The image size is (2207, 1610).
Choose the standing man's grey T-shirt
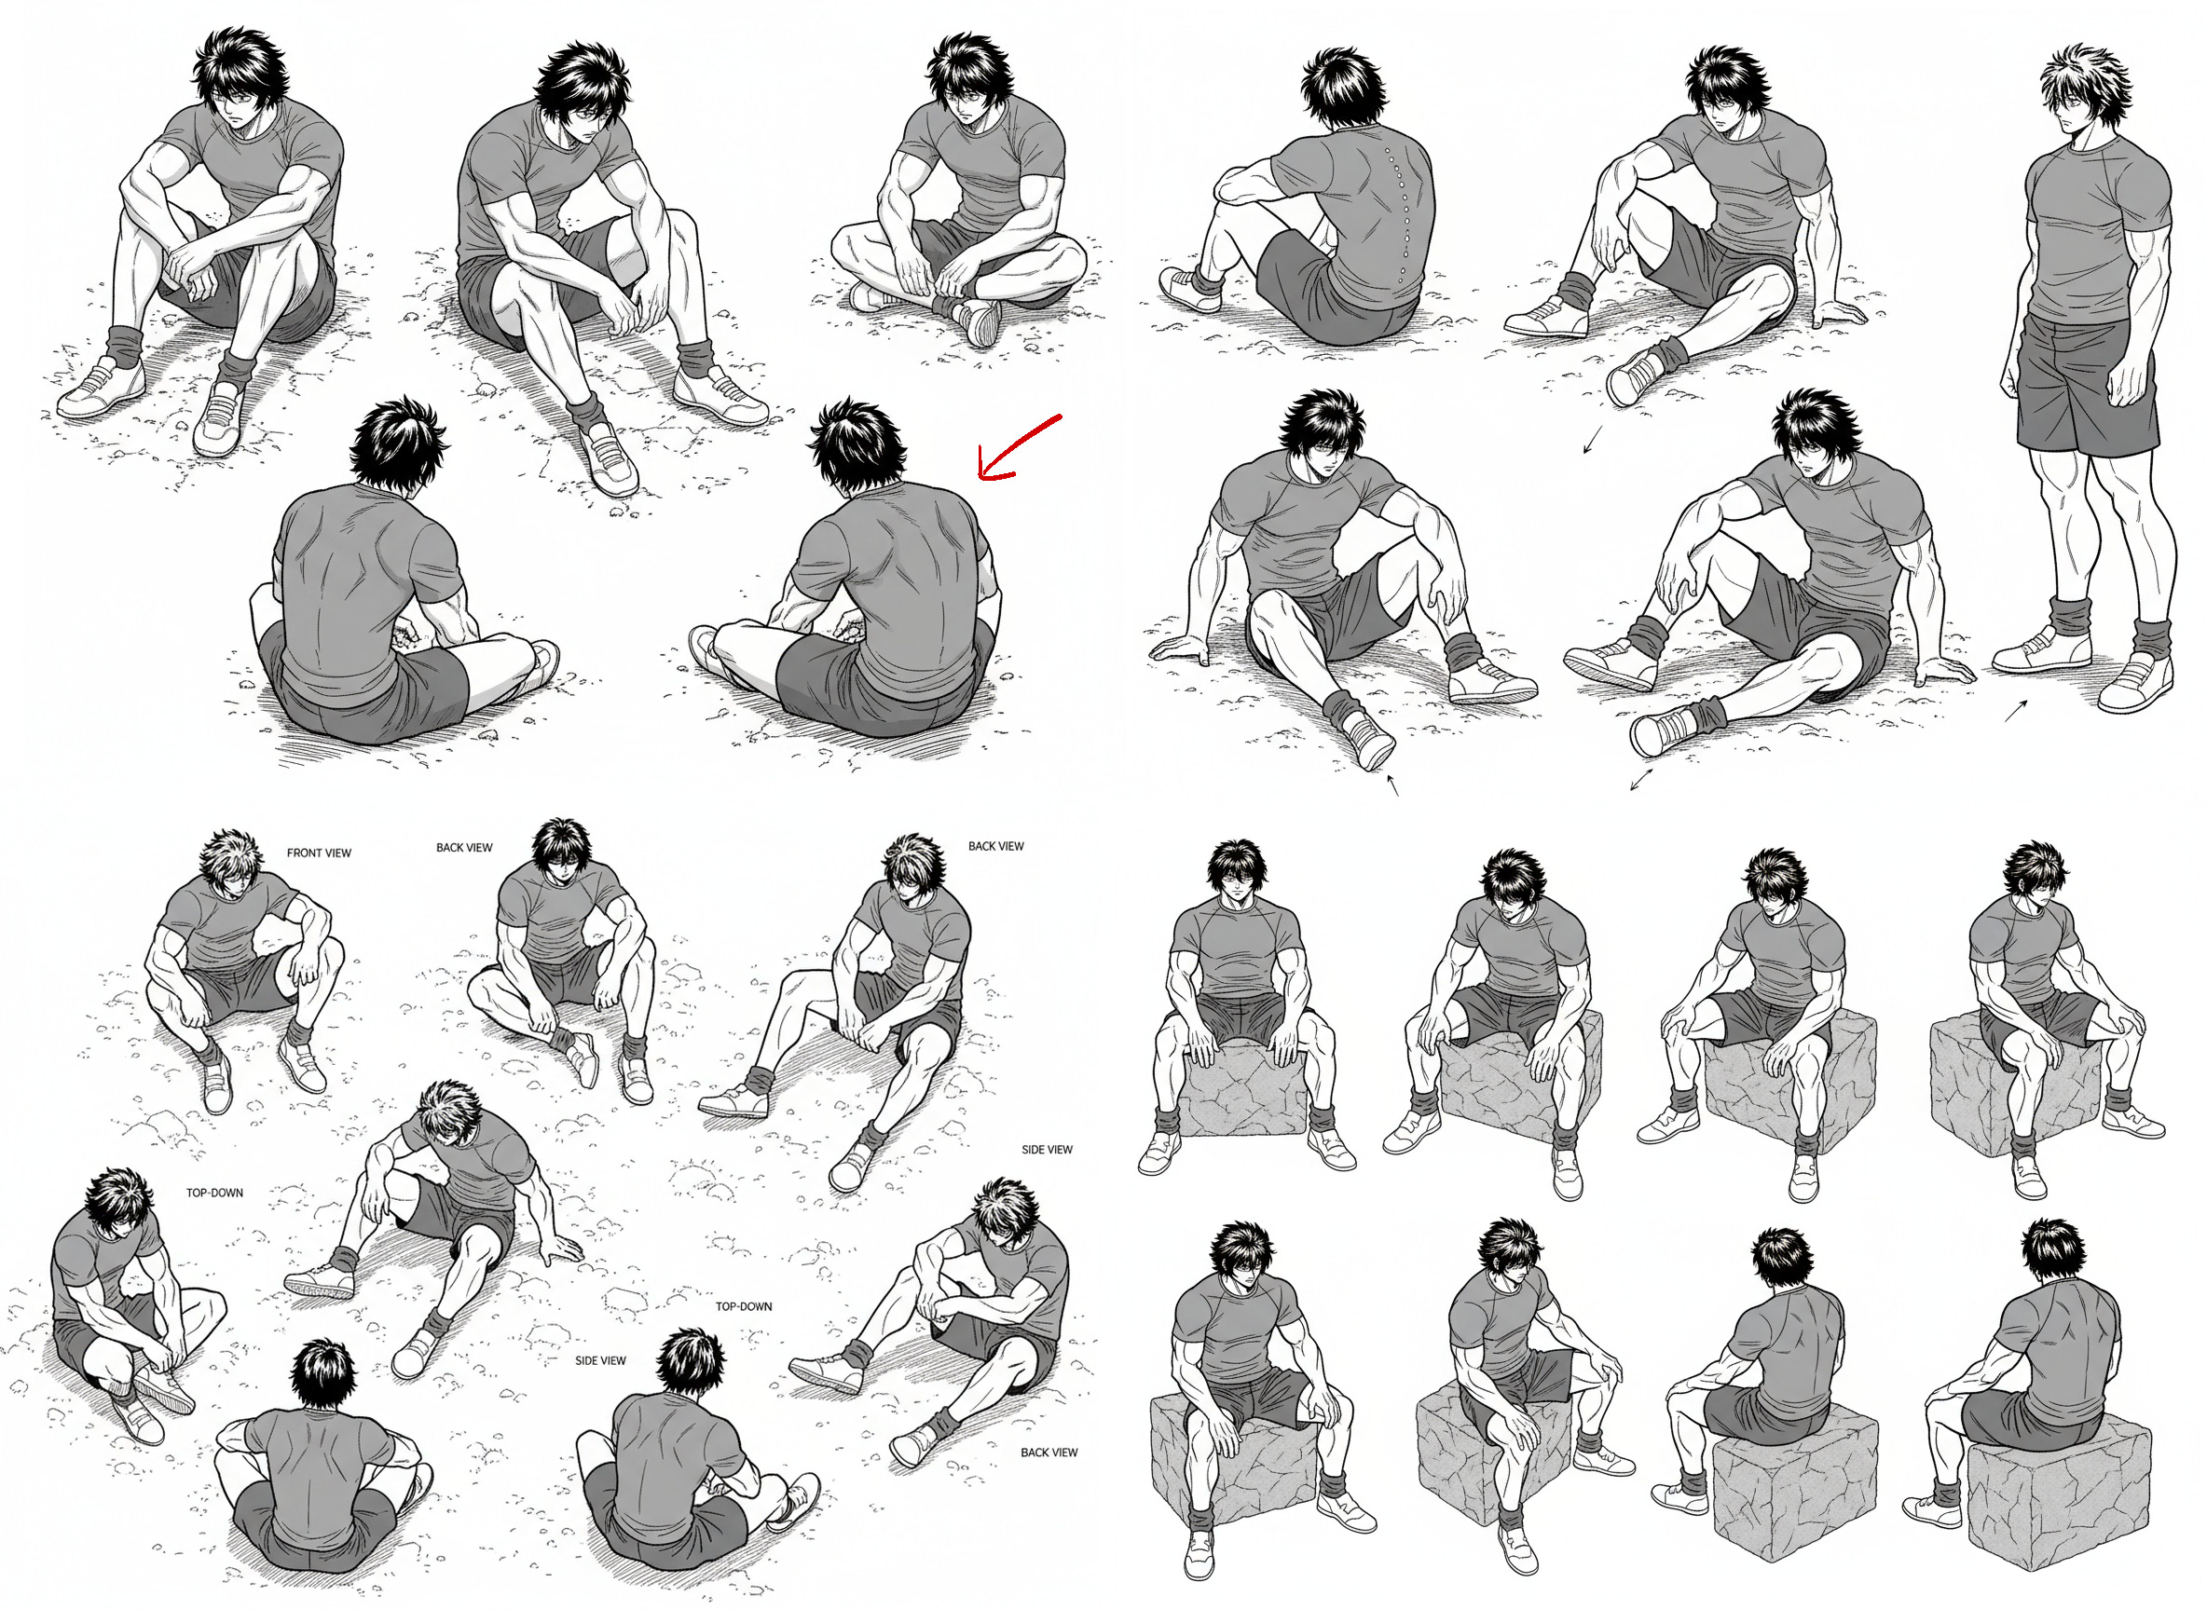coord(2096,229)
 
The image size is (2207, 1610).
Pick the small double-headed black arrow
coord(1641,780)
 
